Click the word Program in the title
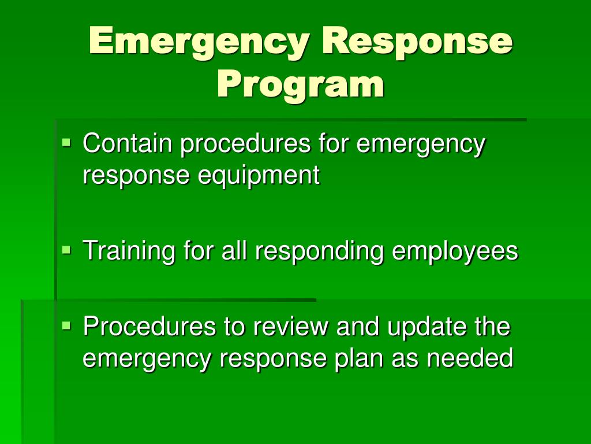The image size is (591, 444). [300, 84]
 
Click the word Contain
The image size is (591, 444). [128, 143]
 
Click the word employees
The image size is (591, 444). [455, 252]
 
